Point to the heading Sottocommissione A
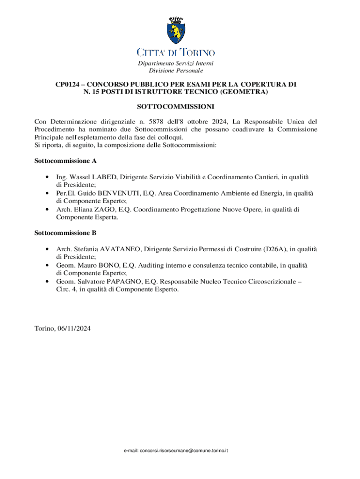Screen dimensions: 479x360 point(65,161)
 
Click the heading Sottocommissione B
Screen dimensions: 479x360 point(65,232)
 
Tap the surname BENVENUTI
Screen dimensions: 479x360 point(126,193)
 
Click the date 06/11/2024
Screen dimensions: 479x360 point(74,329)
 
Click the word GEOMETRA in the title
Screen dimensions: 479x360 point(247,92)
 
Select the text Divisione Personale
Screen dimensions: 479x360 point(176,71)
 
